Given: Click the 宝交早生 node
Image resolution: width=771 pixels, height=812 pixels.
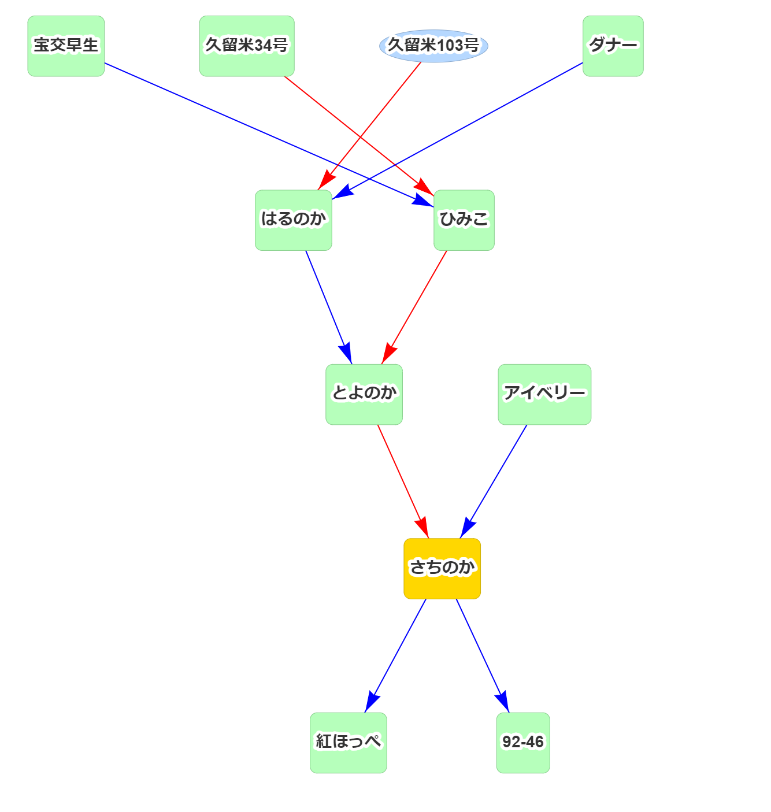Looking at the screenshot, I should pyautogui.click(x=66, y=46).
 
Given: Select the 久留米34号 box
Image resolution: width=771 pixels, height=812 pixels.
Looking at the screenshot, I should pyautogui.click(x=247, y=46).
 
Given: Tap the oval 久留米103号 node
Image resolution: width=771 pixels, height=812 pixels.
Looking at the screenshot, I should pyautogui.click(x=433, y=46).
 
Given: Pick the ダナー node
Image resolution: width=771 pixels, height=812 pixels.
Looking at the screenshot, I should pyautogui.click(x=613, y=46).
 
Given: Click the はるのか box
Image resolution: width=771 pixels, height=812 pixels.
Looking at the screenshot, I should pyautogui.click(x=294, y=220).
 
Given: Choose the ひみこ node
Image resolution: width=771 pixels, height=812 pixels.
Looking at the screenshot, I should pyautogui.click(x=464, y=220).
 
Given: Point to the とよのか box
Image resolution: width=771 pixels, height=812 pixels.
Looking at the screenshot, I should pyautogui.click(x=364, y=394).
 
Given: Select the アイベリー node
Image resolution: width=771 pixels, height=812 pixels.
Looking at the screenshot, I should pyautogui.click(x=544, y=394).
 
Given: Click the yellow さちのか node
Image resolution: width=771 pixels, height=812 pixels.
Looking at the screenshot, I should pyautogui.click(x=442, y=568).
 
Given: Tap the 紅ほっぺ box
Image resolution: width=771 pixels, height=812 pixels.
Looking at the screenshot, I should pyautogui.click(x=349, y=743).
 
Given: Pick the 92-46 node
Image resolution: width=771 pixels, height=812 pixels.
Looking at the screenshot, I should pyautogui.click(x=523, y=743).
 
